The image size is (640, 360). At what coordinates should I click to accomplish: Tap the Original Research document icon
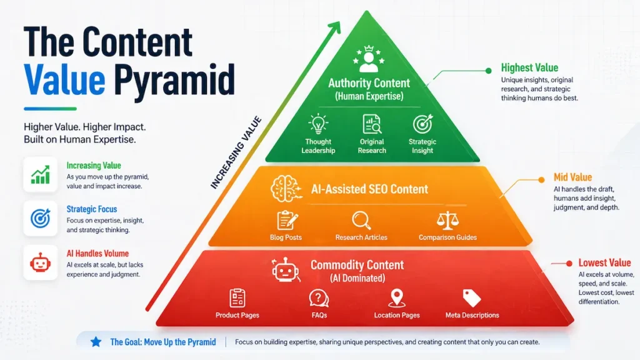(x=372, y=124)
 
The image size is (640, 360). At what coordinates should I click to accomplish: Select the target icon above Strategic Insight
(x=422, y=124)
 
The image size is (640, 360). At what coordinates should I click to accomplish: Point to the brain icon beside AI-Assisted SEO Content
(x=282, y=188)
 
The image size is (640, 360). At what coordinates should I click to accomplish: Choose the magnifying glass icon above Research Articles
(x=361, y=221)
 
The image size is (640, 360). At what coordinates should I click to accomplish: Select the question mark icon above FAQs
(x=319, y=297)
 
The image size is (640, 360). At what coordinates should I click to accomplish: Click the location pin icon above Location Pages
(x=397, y=297)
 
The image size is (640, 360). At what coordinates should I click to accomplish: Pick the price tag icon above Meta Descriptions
(x=472, y=297)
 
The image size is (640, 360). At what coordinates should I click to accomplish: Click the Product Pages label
(x=237, y=315)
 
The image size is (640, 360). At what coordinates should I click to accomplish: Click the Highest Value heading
(x=529, y=68)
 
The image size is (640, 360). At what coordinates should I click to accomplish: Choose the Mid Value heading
(x=572, y=177)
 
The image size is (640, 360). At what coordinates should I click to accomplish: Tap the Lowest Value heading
(x=604, y=263)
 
